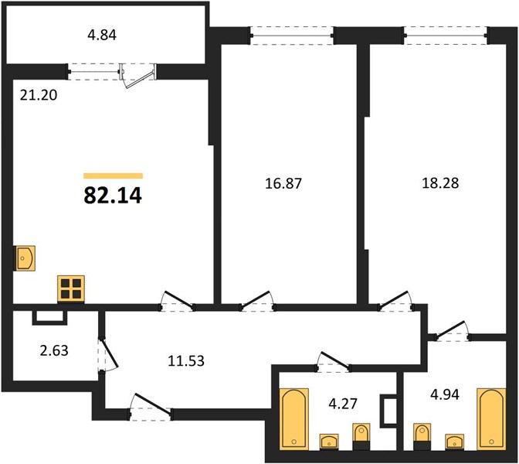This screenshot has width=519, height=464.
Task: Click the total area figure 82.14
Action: pyautogui.click(x=113, y=196)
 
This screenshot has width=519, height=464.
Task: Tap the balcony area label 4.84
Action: pyautogui.click(x=102, y=35)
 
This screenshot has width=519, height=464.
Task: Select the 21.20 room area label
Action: pyautogui.click(x=39, y=95)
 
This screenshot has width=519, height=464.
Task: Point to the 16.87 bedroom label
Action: pyautogui.click(x=283, y=183)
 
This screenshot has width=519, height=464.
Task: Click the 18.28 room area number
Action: pyautogui.click(x=440, y=183)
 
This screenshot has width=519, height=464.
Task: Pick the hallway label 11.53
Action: pyautogui.click(x=186, y=360)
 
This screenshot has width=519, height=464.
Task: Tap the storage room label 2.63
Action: pyautogui.click(x=54, y=350)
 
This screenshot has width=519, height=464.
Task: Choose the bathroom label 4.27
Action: pyautogui.click(x=343, y=404)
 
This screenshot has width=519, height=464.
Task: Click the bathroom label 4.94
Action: pyautogui.click(x=445, y=394)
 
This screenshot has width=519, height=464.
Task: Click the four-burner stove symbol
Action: pyautogui.click(x=71, y=288)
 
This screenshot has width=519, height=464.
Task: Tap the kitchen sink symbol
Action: pyautogui.click(x=24, y=258)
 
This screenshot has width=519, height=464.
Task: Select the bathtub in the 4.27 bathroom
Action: pyautogui.click(x=294, y=419)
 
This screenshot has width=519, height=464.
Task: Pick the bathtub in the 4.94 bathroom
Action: pyautogui.click(x=491, y=419)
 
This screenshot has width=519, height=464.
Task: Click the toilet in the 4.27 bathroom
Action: pyautogui.click(x=361, y=436)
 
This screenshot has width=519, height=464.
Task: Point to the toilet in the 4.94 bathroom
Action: pyautogui.click(x=422, y=436)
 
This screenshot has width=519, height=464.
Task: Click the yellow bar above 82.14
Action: pyautogui.click(x=113, y=176)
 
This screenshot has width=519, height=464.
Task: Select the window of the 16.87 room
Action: pyautogui.click(x=292, y=36)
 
